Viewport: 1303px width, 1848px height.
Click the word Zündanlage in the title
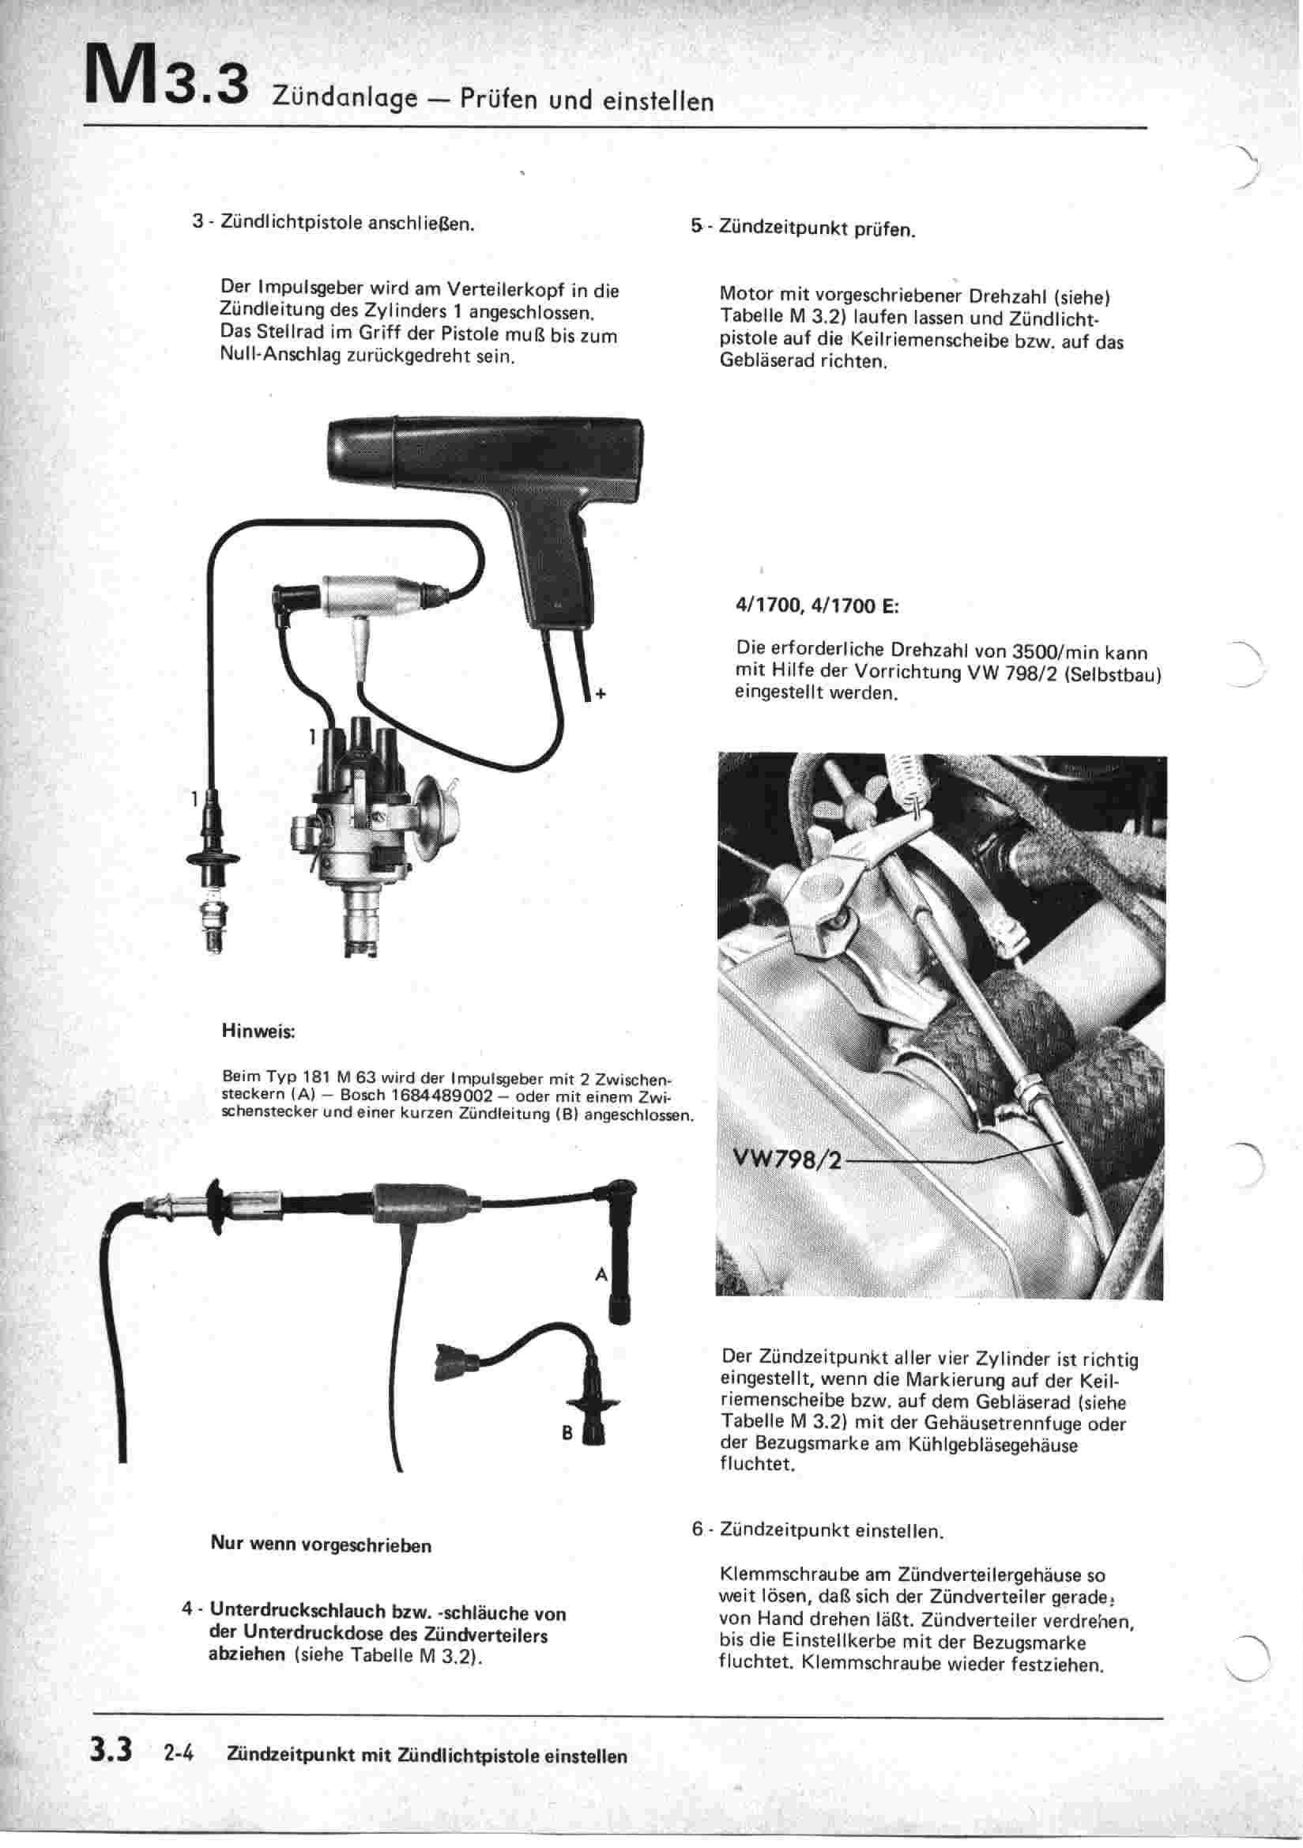tap(345, 99)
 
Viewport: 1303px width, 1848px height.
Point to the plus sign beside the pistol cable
tap(600, 694)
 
